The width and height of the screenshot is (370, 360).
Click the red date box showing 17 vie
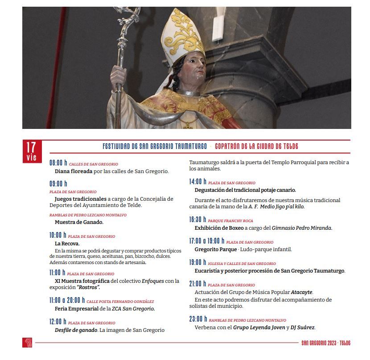point(31,151)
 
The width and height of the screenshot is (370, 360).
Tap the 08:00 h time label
point(58,163)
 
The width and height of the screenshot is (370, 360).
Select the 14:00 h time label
point(198,182)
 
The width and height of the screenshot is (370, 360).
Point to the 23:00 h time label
point(198,319)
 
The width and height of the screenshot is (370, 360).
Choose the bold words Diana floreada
point(74,171)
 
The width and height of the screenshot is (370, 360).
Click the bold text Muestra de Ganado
point(79,222)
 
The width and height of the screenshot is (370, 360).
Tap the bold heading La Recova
point(67,244)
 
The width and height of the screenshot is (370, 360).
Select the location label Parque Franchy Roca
point(230,221)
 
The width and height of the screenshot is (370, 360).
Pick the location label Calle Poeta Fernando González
point(120,302)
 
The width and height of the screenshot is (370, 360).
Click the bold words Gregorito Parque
point(216,249)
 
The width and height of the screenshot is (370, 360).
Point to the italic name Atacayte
point(302,292)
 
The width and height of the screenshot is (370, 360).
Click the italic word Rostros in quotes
point(88,288)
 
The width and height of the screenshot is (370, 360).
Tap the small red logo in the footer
point(27,343)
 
